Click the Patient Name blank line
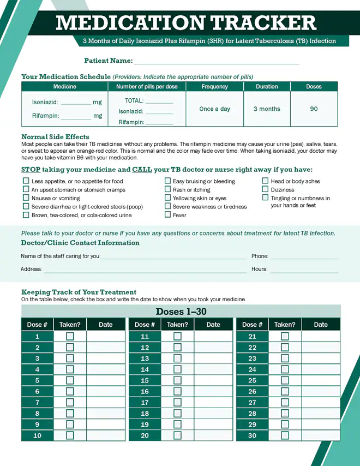217,61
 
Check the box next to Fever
168,215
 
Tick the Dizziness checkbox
266,189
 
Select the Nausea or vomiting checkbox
26,198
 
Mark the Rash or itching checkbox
168,189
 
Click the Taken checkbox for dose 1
70,337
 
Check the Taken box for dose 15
177,380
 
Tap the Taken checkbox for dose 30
285,435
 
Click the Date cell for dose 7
106,403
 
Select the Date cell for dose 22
321,348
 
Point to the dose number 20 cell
145,435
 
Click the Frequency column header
214,87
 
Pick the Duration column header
267,87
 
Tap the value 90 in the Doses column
314,109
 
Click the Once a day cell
214,109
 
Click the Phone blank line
304,257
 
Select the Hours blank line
304,270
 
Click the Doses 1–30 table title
181,312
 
